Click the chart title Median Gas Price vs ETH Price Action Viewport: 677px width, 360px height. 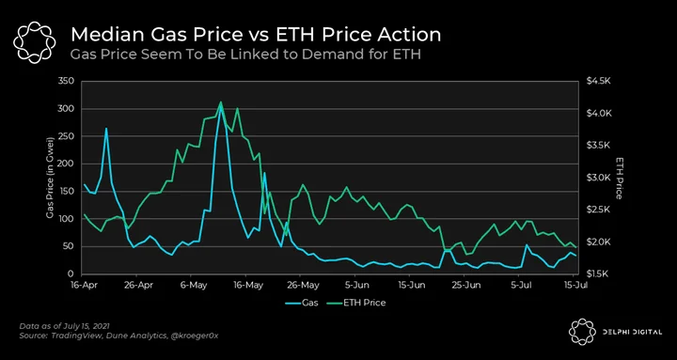coord(256,35)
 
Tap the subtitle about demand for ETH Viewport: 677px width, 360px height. coord(245,55)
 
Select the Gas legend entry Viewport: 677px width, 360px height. coord(302,303)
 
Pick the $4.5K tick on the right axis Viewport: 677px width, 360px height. coord(597,81)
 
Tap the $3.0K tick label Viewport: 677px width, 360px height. coord(597,178)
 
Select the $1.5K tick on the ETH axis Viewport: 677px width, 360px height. coord(597,274)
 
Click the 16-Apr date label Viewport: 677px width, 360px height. coord(82,285)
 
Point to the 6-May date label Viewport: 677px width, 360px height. coord(191,285)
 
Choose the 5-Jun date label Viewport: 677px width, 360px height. coord(354,285)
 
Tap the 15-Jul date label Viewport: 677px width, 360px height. coord(573,285)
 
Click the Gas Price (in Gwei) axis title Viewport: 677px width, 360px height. coord(50,178)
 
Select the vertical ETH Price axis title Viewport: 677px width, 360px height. coord(619,178)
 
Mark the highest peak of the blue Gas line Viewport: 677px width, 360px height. coord(221,105)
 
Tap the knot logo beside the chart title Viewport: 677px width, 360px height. coord(34,41)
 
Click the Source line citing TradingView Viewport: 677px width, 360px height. coord(118,336)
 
